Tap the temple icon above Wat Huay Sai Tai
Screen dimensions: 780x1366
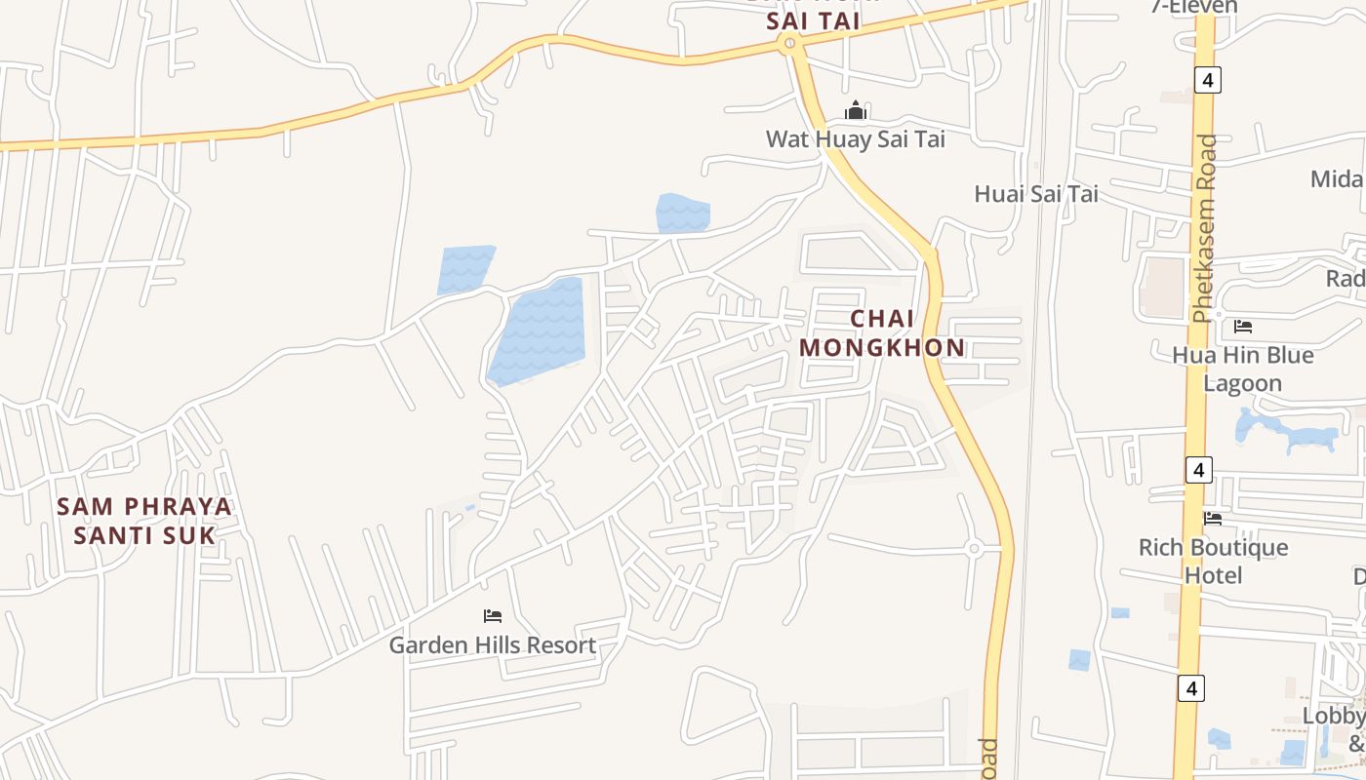[856, 110]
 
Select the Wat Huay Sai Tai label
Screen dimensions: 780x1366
[855, 138]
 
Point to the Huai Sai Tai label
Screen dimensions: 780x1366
[1035, 194]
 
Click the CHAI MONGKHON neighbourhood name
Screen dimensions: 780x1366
[882, 332]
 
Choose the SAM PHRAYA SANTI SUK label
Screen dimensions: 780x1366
[144, 521]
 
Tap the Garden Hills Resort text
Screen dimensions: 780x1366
[493, 644]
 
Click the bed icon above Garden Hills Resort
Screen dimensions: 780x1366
[493, 616]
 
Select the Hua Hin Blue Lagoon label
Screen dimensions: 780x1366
[1242, 369]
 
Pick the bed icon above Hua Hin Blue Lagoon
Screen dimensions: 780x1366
[1243, 326]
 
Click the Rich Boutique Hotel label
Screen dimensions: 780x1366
[1213, 561]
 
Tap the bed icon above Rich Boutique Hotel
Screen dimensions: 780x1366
[1213, 519]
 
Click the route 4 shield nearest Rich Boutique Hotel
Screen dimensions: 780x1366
[1198, 470]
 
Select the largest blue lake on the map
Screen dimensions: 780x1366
[539, 331]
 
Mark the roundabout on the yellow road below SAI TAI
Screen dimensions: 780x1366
[788, 43]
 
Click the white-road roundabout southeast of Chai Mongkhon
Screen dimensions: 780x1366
[973, 549]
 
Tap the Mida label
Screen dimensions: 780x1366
[1336, 178]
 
